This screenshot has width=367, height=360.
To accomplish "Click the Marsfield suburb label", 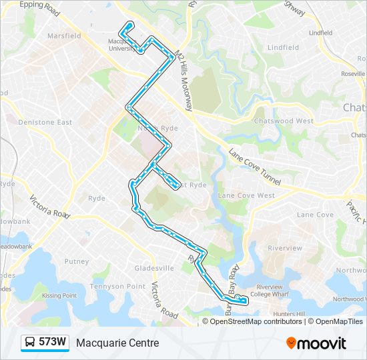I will coord(64,35).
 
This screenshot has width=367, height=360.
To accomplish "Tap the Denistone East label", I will coord(45,123).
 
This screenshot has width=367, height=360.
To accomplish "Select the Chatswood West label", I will coord(284,121).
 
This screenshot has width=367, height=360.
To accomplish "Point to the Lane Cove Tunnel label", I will coord(255,167).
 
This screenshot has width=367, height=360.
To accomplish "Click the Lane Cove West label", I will coord(246,195).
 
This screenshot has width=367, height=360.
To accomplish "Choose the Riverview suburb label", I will coord(285,247).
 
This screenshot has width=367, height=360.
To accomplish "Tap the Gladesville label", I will coord(154,268).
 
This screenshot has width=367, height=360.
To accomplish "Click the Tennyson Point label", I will coord(117,286).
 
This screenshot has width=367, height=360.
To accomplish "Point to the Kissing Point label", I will coord(59,295).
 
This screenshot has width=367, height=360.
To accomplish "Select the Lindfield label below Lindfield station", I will coord(283,48).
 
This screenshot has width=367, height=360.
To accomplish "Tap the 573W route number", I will coord(53,343).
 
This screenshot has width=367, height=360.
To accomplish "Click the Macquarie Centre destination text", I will coord(117,343).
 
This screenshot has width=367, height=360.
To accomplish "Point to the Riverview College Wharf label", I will coord(269,291).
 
